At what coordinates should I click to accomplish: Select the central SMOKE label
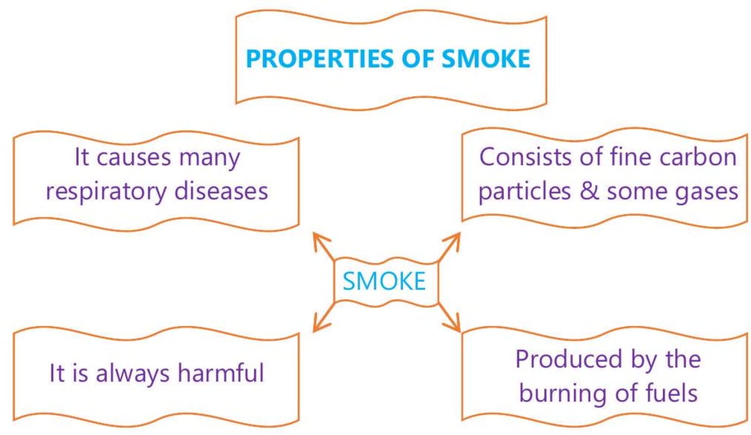point(384,281)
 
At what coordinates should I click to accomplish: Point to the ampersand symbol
point(589,191)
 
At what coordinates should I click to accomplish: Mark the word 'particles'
point(524,191)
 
